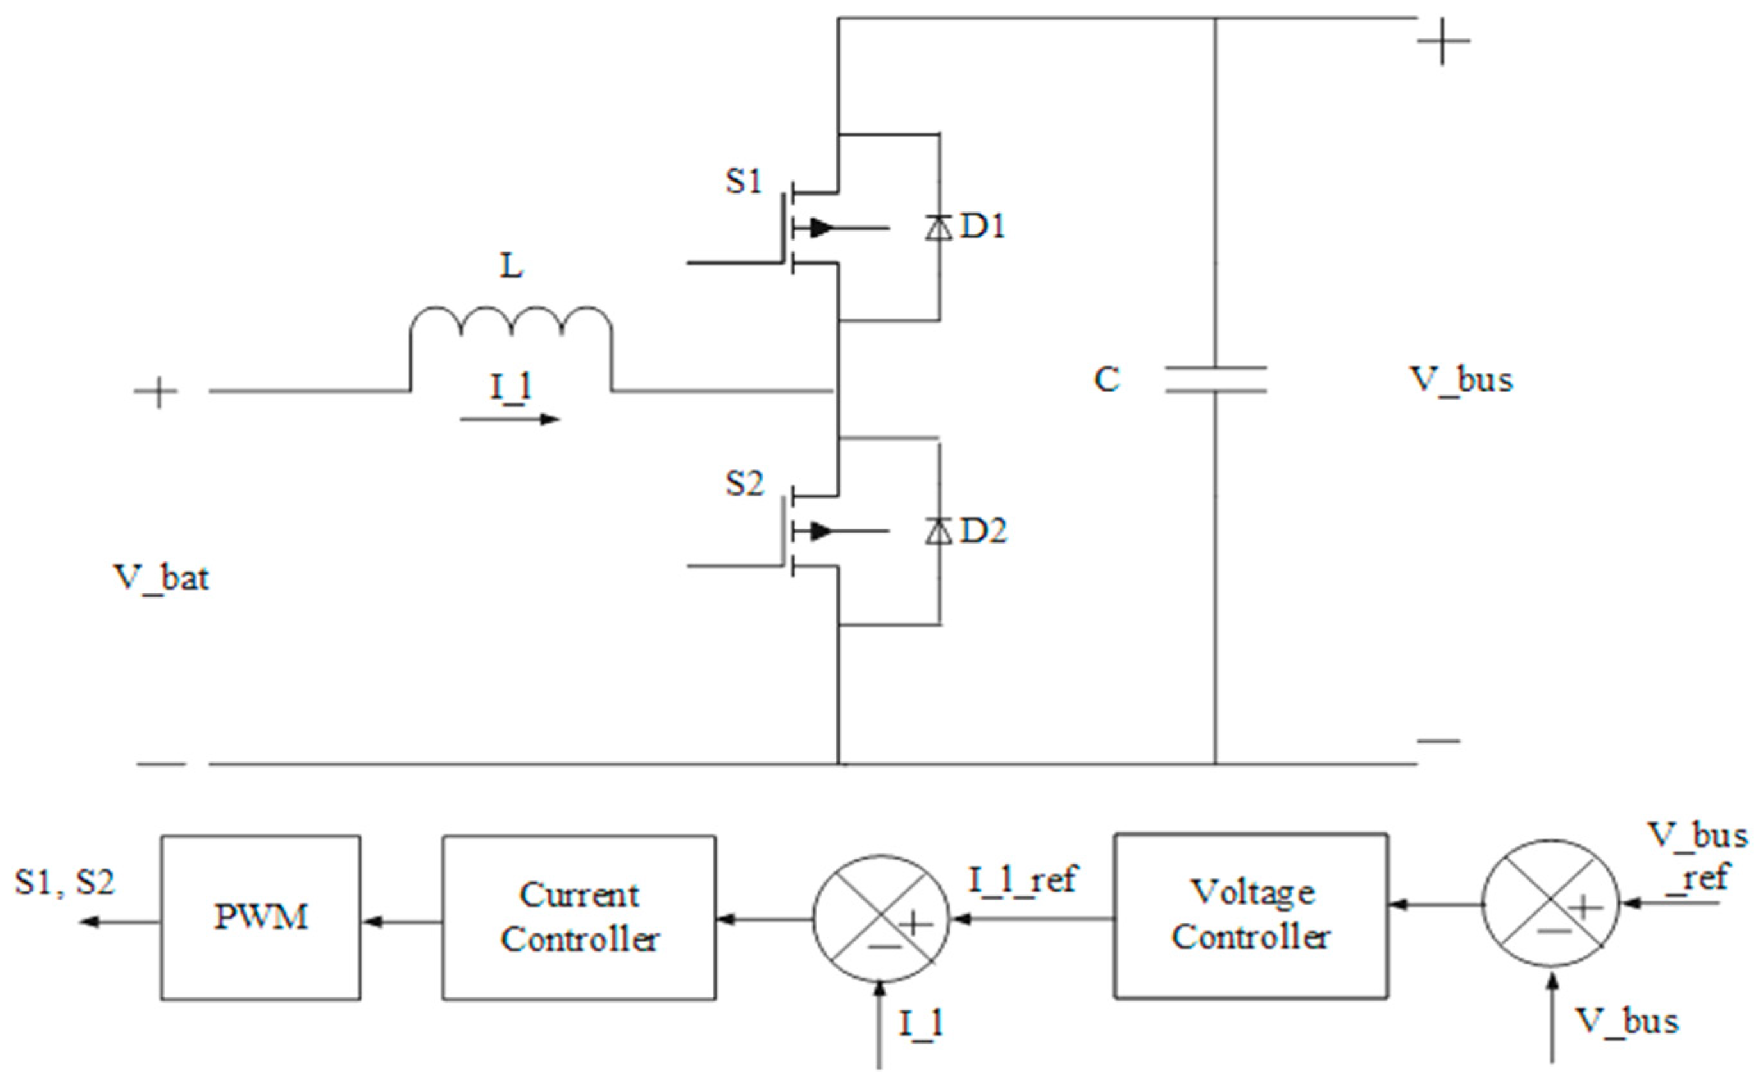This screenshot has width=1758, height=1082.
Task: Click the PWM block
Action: click(x=260, y=917)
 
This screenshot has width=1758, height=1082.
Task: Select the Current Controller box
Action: click(x=578, y=917)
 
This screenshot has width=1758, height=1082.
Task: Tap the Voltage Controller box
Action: click(x=1251, y=916)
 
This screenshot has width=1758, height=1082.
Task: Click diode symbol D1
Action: click(x=938, y=227)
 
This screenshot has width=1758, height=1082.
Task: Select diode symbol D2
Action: click(x=938, y=531)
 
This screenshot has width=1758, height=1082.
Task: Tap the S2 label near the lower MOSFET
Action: click(x=744, y=484)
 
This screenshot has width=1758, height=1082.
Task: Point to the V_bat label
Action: click(x=161, y=577)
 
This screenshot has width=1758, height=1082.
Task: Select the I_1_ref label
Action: click(x=1022, y=880)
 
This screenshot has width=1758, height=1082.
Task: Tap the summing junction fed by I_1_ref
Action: click(x=881, y=920)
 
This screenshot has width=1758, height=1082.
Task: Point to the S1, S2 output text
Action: click(x=65, y=882)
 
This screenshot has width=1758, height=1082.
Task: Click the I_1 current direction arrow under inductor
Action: click(x=510, y=419)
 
